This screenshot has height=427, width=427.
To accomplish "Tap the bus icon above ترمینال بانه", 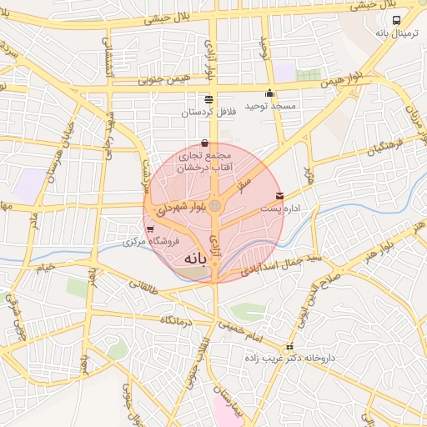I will pos(395,20).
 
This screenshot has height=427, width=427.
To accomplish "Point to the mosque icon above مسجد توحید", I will pos(269,93).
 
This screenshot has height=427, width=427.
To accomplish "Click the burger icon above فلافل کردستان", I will pos(208,98).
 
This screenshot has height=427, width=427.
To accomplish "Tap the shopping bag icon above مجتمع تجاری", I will pos(205,142).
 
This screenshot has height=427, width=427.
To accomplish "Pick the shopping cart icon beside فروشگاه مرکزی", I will pos(149,229).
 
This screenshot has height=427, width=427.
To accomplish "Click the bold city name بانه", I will pos(189,259).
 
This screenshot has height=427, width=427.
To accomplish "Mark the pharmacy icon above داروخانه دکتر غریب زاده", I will pos(290,347).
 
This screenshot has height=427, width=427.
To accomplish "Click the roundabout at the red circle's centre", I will pos(215,205).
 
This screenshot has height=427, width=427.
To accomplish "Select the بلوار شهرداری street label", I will pos(178,205).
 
